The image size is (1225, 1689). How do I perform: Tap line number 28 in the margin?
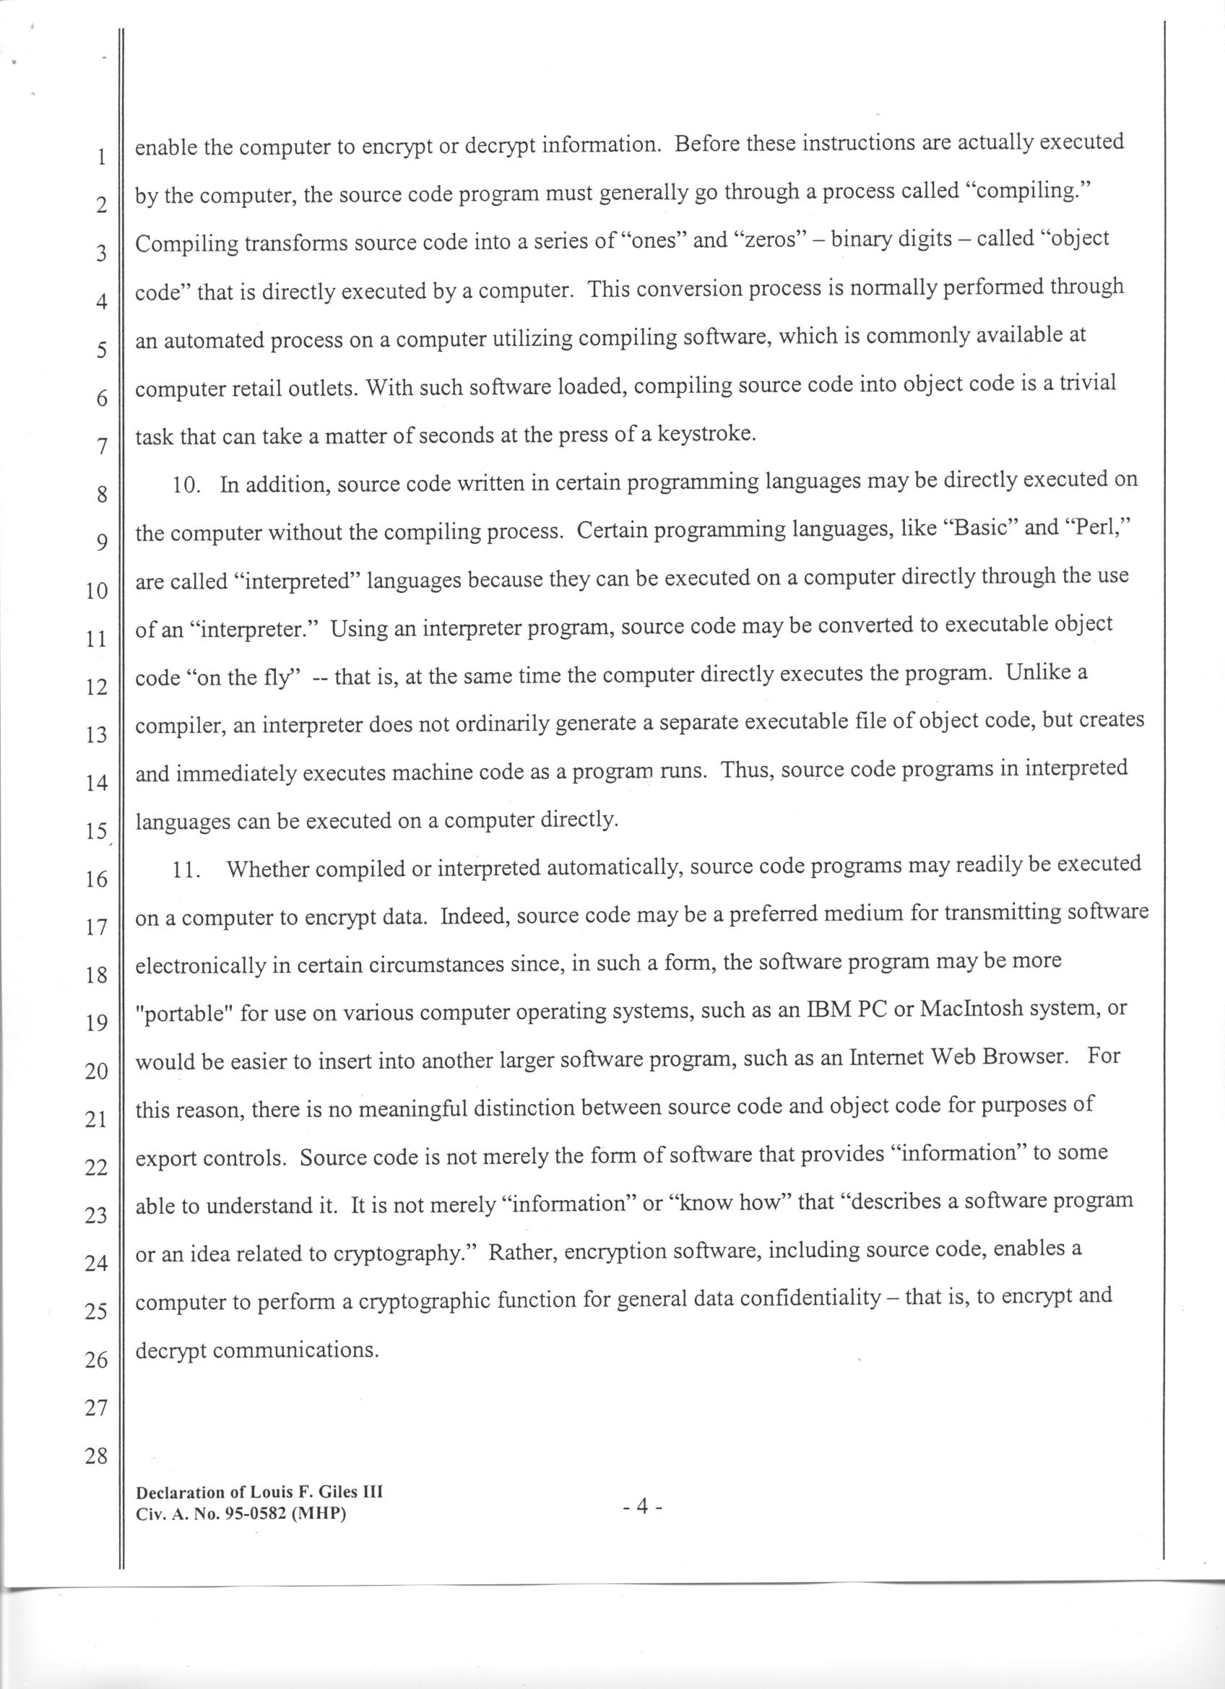(97, 1456)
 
